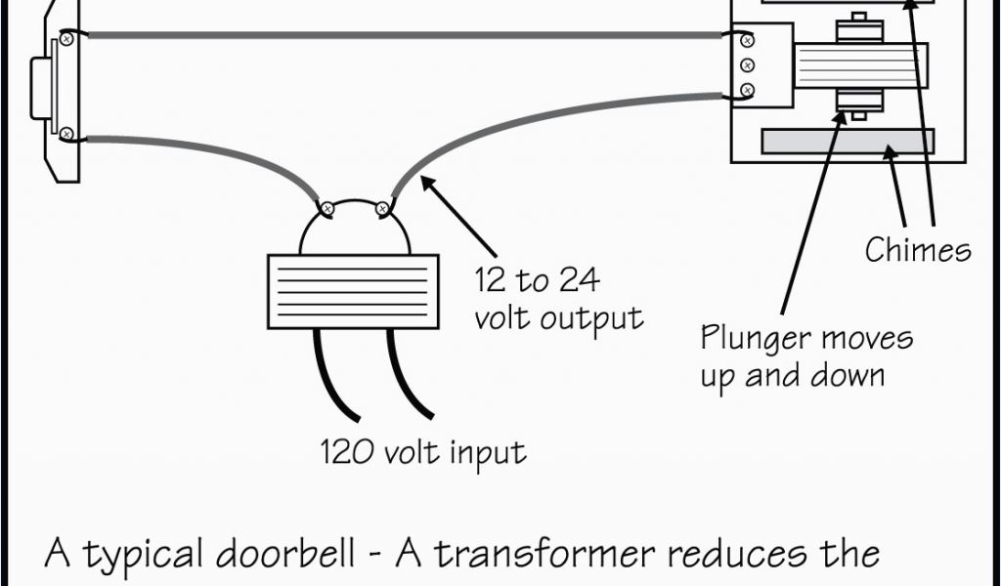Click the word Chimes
tap(918, 250)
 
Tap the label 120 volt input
tap(423, 452)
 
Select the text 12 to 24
tap(537, 281)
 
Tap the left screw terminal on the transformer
tap(327, 208)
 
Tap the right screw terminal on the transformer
tap(384, 207)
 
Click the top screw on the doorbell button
tap(66, 39)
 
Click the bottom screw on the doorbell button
tap(66, 133)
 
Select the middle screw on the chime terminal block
tap(748, 65)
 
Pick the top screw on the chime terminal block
tap(748, 40)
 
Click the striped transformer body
tap(351, 291)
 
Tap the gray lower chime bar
tap(847, 142)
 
